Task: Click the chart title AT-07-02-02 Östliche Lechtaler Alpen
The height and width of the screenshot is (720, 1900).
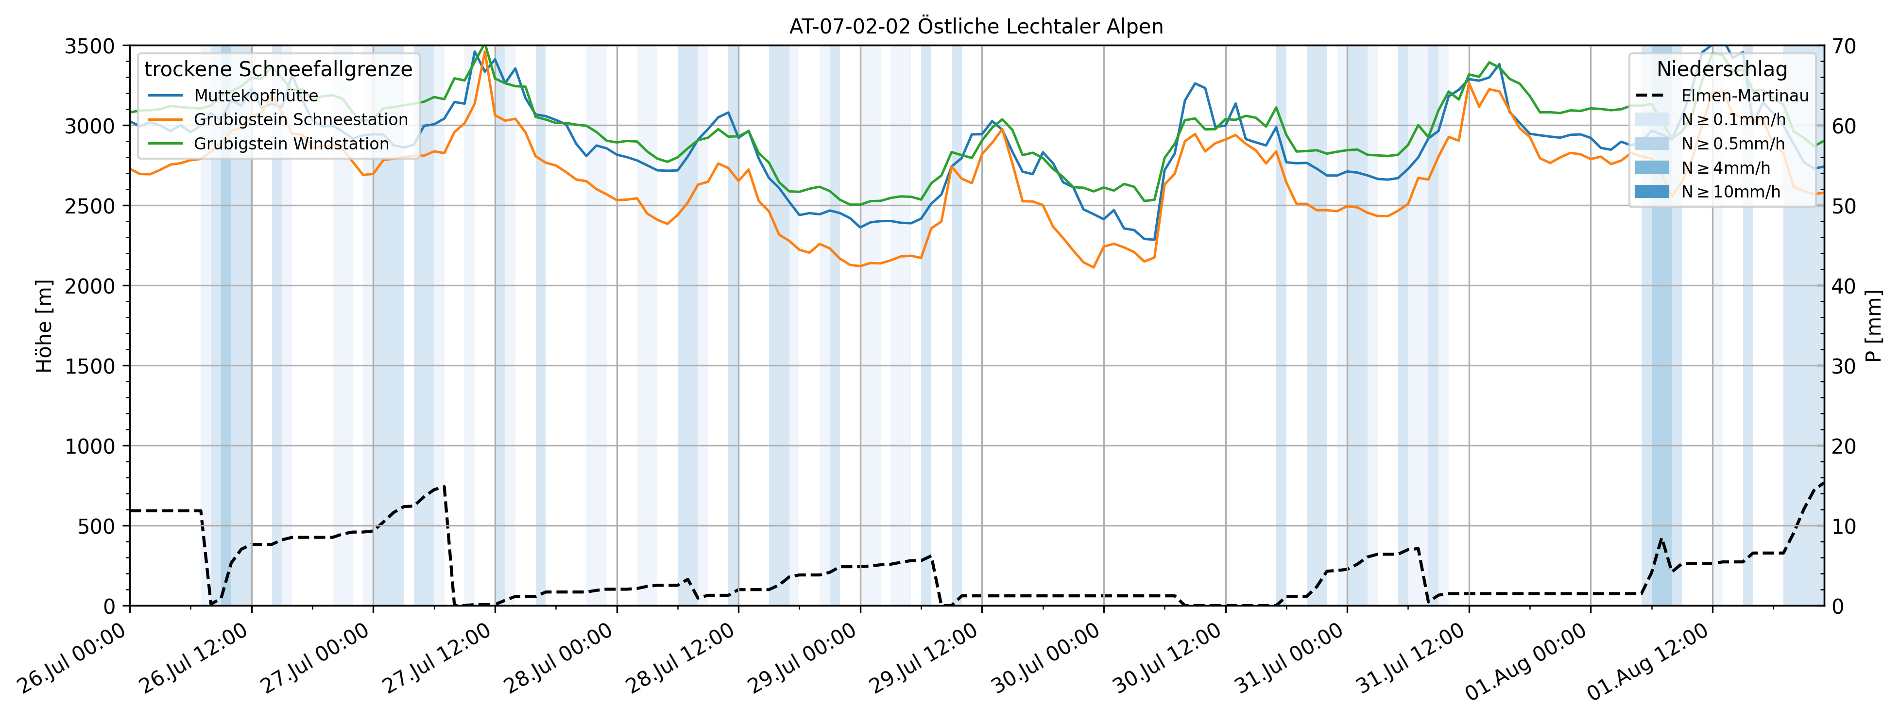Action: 976,27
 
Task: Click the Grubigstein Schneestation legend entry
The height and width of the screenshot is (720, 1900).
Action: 300,119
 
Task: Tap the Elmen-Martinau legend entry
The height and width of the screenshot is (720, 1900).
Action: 1745,96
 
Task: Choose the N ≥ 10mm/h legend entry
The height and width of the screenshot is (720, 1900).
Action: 1730,192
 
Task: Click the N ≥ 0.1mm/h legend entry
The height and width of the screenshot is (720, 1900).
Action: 1733,119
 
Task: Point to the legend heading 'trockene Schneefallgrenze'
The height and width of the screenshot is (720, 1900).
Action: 278,69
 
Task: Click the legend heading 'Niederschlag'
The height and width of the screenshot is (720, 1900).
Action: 1722,69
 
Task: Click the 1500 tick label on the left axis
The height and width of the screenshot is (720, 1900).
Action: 89,366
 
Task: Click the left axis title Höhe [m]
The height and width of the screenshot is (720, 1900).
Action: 44,326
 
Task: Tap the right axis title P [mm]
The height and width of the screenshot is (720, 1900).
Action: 1873,326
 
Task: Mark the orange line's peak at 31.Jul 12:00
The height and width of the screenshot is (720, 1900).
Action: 1469,82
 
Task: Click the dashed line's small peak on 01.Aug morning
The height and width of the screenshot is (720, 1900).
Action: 1660,540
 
